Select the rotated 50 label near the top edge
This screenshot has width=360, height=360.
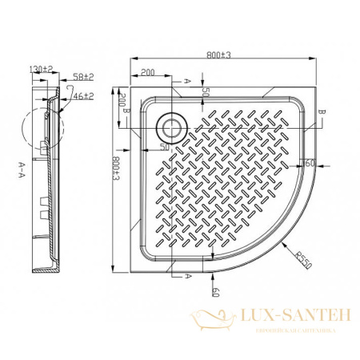click(x=206, y=93)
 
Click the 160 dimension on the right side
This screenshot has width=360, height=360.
click(x=308, y=164)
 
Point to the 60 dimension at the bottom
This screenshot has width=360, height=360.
click(x=214, y=292)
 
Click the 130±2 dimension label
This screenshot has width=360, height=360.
click(x=37, y=70)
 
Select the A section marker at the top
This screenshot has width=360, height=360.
click(x=186, y=82)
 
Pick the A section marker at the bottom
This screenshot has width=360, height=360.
click(x=187, y=275)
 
